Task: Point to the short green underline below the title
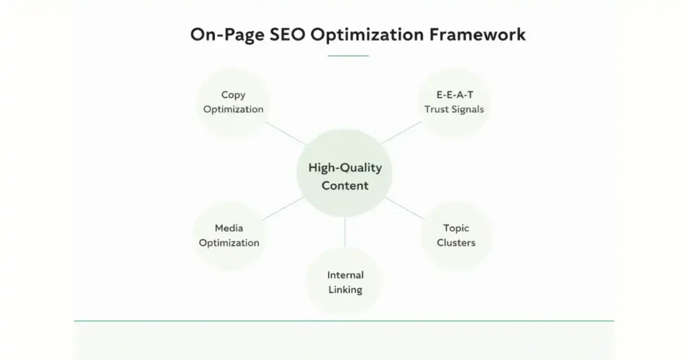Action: [348, 56]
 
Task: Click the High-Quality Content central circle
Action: [345, 177]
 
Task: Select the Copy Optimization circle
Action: [233, 102]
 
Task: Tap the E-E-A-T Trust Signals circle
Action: [454, 102]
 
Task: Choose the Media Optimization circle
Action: [228, 236]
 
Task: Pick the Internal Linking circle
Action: [345, 282]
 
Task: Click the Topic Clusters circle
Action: [456, 236]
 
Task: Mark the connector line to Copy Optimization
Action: [285, 134]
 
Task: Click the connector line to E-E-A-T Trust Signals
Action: [402, 132]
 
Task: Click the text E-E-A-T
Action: [454, 95]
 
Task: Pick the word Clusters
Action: [456, 242]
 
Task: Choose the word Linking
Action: [345, 289]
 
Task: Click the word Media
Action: [228, 228]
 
